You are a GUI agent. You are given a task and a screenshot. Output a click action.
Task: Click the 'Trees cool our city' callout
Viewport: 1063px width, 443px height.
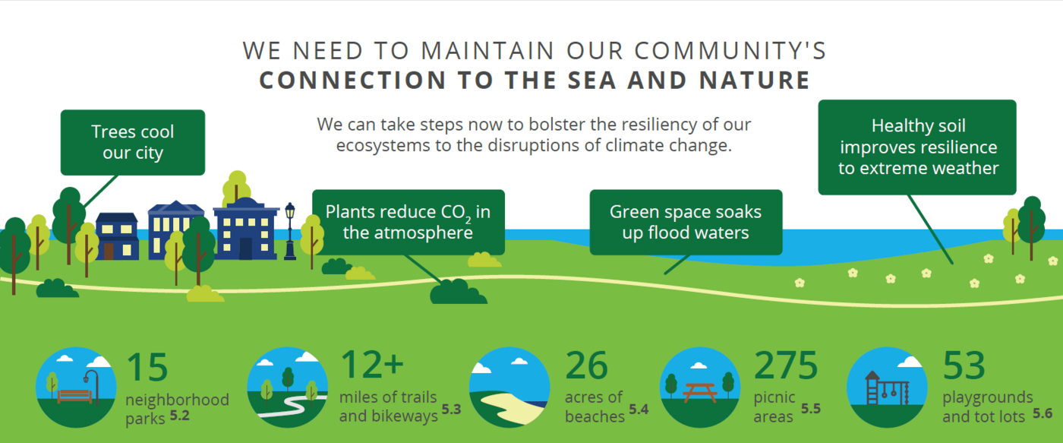tap(133, 142)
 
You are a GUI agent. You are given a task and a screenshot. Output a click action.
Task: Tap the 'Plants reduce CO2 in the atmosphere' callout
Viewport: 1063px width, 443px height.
tap(408, 222)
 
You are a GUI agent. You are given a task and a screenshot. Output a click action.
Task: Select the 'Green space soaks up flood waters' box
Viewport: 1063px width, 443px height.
tap(686, 222)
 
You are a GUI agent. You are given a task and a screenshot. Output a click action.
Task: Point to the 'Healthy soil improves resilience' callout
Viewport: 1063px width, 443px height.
tap(917, 147)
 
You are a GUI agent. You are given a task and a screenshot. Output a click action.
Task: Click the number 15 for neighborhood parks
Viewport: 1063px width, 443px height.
tap(147, 366)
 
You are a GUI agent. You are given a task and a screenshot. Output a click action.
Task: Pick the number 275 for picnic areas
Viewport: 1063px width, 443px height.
tap(786, 365)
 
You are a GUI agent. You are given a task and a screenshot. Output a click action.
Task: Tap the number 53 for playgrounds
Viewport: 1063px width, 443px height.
tap(964, 365)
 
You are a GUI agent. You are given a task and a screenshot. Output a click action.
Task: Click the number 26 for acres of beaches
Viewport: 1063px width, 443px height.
tap(586, 365)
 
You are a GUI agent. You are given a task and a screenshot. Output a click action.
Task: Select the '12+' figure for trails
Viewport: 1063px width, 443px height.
tap(372, 365)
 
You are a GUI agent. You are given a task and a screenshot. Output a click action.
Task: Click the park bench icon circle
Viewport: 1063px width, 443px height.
tap(76, 388)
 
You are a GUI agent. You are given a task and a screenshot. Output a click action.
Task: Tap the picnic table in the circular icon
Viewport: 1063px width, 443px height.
tap(700, 393)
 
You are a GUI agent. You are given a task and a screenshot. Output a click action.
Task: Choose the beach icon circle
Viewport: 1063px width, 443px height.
tap(509, 388)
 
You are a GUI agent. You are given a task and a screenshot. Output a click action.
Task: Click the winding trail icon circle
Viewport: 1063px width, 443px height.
tap(288, 388)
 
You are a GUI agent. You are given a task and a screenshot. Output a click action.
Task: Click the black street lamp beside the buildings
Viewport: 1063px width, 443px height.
tap(290, 231)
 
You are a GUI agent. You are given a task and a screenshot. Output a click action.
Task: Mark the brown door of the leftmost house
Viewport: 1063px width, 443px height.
tap(109, 252)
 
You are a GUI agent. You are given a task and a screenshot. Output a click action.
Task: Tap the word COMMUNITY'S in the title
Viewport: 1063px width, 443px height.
tap(730, 51)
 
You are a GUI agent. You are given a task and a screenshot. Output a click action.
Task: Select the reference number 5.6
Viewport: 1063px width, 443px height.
tap(1042, 413)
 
